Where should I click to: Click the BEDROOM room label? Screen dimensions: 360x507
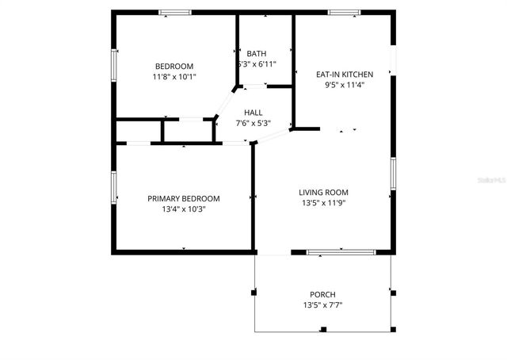[173, 66]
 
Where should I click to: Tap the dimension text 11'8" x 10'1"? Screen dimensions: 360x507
[173, 77]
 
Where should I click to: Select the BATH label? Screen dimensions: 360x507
[256, 53]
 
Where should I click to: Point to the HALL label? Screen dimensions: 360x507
[253, 113]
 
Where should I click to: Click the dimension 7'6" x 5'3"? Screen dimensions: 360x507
[253, 123]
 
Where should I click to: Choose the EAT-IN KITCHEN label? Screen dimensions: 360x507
[344, 74]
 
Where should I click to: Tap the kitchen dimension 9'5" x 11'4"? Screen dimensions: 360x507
[344, 85]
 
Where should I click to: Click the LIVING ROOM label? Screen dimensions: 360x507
[323, 192]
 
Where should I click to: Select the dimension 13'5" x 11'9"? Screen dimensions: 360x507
[323, 203]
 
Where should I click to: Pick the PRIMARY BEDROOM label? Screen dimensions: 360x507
[184, 198]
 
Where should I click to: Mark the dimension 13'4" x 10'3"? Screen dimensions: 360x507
[184, 209]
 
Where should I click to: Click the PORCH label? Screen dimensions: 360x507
[322, 294]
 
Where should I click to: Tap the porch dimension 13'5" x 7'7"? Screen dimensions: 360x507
[322, 305]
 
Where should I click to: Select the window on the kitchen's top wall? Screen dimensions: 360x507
[344, 12]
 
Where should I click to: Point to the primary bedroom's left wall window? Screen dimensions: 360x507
[113, 188]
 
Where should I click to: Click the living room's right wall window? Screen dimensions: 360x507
[392, 173]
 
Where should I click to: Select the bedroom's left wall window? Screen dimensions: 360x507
[113, 66]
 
